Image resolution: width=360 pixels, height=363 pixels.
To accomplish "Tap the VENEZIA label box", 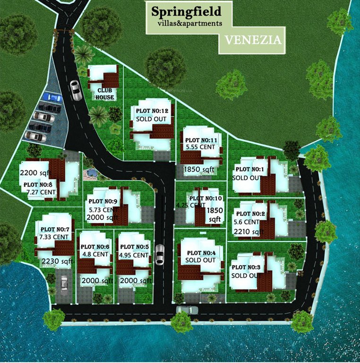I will click(253, 40).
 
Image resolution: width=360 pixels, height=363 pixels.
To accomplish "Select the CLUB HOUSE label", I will click(105, 94).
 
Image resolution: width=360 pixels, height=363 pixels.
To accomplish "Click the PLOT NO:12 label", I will click(152, 110).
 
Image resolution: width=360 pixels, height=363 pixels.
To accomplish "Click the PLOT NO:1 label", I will click(250, 169).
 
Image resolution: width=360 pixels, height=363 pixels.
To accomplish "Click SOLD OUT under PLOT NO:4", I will click(200, 260).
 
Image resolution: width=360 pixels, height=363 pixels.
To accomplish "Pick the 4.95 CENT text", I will click(134, 255).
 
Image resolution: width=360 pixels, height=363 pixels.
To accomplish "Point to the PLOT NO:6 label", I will click(95, 247).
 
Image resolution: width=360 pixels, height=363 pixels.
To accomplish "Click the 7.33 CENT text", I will click(54, 237).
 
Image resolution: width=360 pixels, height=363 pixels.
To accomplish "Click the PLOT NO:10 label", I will click(204, 198).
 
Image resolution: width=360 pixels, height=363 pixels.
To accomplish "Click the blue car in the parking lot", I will click(51, 97).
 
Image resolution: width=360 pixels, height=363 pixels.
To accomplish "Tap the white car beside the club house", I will click(75, 88).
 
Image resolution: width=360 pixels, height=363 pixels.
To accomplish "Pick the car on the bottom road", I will click(187, 310).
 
